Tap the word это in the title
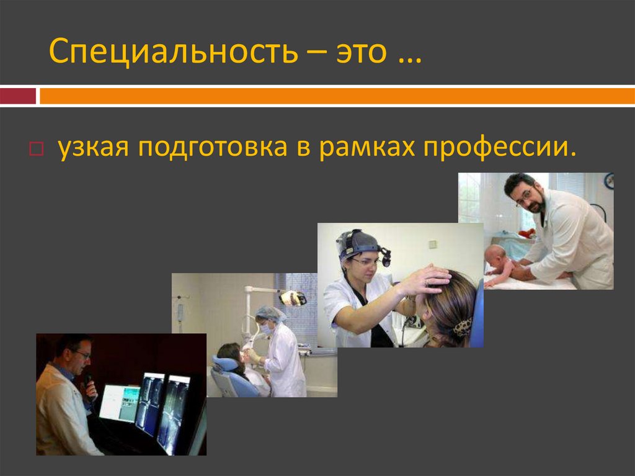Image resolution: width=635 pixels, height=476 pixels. click(x=365, y=52)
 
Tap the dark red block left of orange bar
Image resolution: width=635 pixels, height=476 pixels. click(x=18, y=96)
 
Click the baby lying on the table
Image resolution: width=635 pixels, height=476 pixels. click(x=500, y=264)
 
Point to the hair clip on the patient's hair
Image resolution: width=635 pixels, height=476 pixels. click(x=463, y=326)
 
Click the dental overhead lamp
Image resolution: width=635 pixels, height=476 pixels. click(x=293, y=299)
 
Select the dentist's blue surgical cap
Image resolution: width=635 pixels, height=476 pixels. click(x=270, y=314)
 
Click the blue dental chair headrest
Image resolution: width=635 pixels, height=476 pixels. click(x=224, y=364)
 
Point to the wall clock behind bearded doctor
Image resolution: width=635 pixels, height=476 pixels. click(x=609, y=181)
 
